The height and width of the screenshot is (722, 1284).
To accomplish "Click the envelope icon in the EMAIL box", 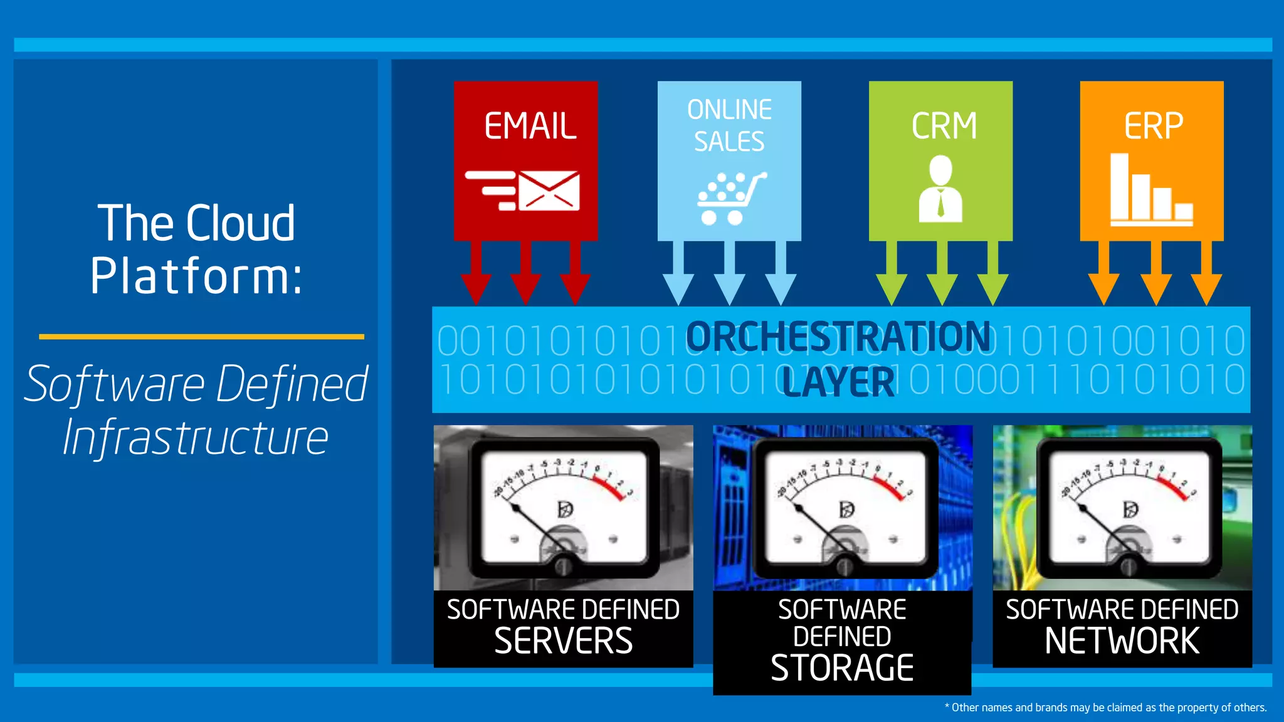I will (548, 191).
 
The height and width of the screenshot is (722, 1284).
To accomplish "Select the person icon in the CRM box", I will (940, 189).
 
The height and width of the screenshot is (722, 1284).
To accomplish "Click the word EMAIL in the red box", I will (530, 126).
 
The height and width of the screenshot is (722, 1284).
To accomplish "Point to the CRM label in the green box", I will (944, 126).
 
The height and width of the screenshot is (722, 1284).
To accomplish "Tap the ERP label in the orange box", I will (1153, 126).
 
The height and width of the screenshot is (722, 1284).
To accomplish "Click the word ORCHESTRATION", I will (838, 337).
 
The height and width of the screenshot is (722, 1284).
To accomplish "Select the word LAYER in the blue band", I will (838, 382).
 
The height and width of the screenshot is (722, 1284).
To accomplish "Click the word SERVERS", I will (563, 641).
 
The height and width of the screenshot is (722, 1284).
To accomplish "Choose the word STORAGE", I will (842, 668).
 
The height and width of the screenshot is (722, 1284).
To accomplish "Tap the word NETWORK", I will (1122, 641).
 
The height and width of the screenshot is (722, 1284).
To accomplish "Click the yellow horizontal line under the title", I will (201, 337).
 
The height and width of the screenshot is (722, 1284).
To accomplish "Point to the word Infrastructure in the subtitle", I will (196, 437).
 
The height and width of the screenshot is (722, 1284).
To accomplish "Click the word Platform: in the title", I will (196, 276).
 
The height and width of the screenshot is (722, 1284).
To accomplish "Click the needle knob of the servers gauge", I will (563, 567).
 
